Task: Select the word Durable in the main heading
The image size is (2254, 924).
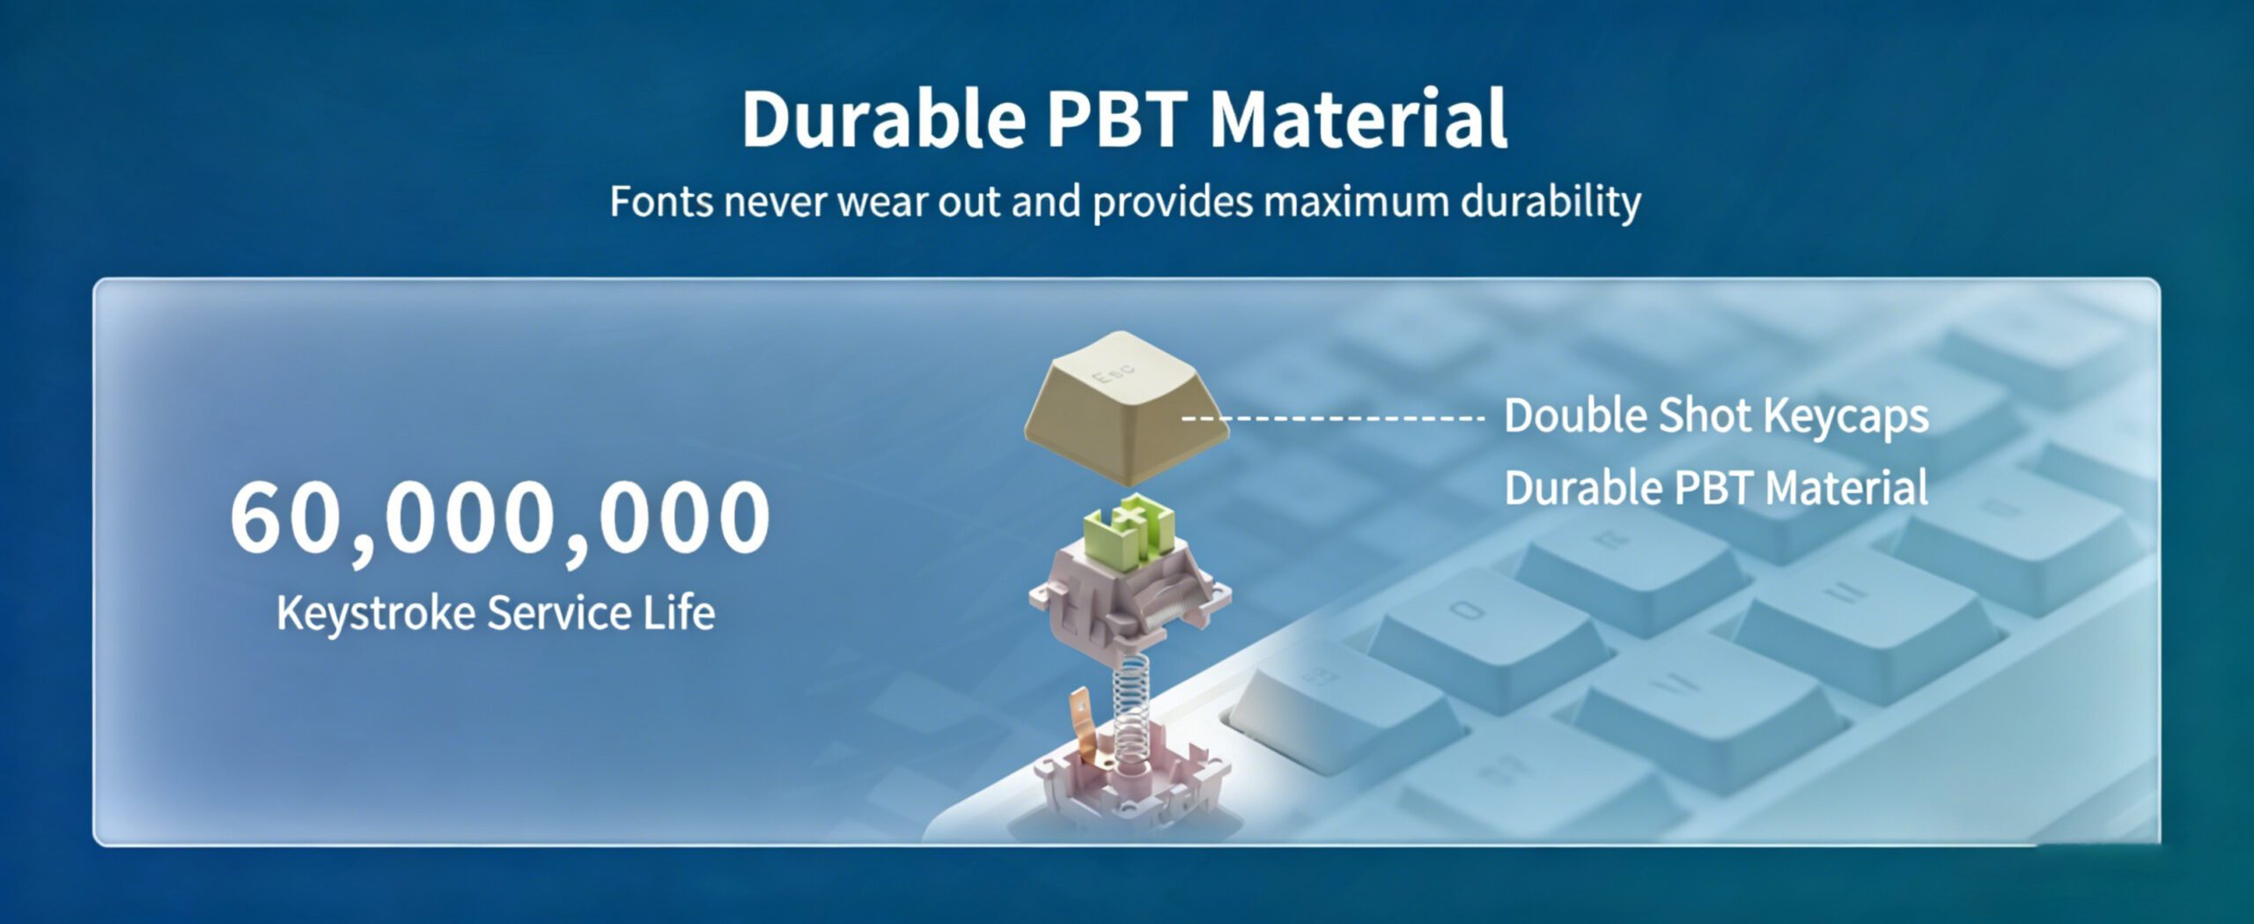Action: click(x=883, y=118)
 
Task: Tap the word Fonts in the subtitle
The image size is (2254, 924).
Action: click(x=661, y=201)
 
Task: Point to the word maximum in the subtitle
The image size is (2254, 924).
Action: click(x=1357, y=202)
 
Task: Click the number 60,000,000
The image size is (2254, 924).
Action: click(x=500, y=517)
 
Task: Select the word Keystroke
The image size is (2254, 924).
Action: click(x=376, y=613)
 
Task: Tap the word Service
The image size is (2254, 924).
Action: click(x=559, y=612)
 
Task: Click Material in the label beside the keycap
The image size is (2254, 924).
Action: click(x=1846, y=488)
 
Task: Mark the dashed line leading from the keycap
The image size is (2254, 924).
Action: click(x=1332, y=418)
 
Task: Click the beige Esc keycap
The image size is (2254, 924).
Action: click(x=1126, y=408)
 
